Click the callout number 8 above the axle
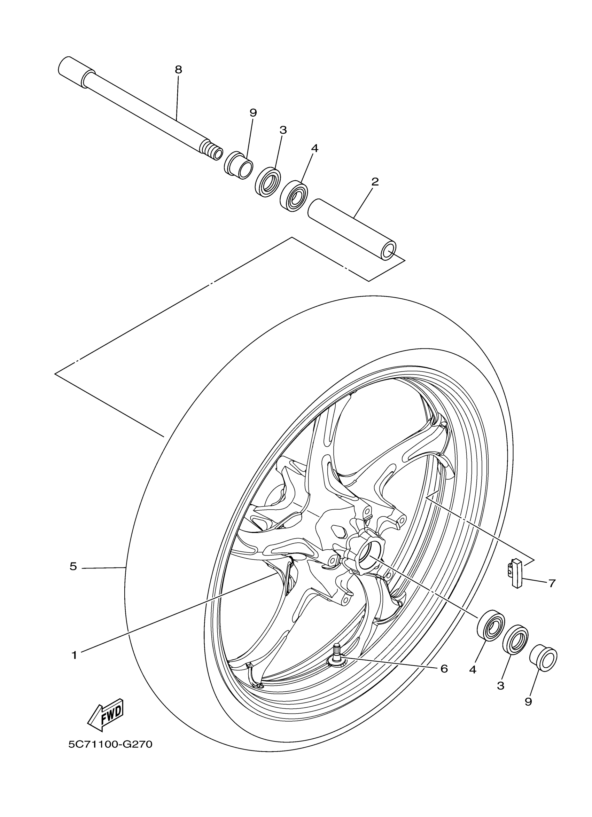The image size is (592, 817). point(178,70)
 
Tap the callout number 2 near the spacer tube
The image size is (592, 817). point(375,182)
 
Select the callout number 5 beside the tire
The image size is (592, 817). point(73,567)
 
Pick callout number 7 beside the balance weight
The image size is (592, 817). point(552,583)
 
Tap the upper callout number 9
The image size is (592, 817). point(253,113)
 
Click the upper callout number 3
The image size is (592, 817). point(283,130)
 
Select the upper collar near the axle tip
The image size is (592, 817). point(239,165)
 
